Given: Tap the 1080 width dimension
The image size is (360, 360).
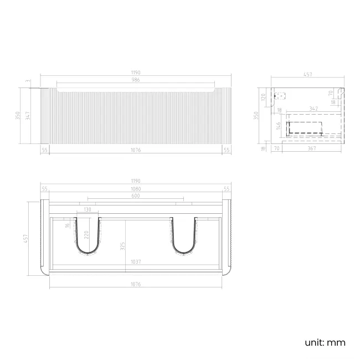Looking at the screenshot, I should coord(136,189).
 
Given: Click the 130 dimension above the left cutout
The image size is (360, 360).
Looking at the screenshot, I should coord(88,210).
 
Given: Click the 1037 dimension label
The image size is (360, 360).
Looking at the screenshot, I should coord(136,262).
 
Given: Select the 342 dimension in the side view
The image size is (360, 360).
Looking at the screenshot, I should coord(313,109).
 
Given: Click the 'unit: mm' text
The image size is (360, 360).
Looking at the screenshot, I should coord(325,342).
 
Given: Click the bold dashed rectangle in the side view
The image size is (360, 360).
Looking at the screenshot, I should coord(305,128).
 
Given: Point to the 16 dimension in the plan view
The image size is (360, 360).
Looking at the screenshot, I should coord(68,225).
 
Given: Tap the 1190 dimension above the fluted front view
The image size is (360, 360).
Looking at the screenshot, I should coord(136,73).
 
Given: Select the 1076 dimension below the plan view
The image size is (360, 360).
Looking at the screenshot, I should coord(136,284).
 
